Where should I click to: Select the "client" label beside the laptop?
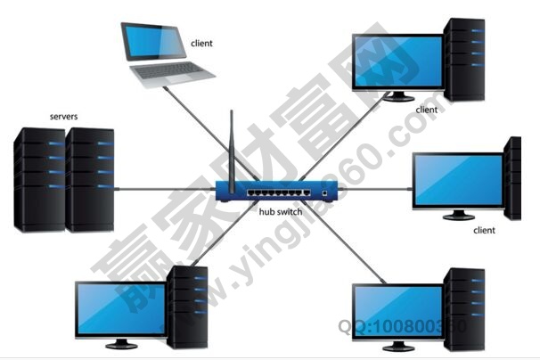click(x=202, y=42)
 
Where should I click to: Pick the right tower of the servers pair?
click(x=90, y=178)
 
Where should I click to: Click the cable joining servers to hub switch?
click(x=165, y=189)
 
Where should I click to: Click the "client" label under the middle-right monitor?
click(x=484, y=230)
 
